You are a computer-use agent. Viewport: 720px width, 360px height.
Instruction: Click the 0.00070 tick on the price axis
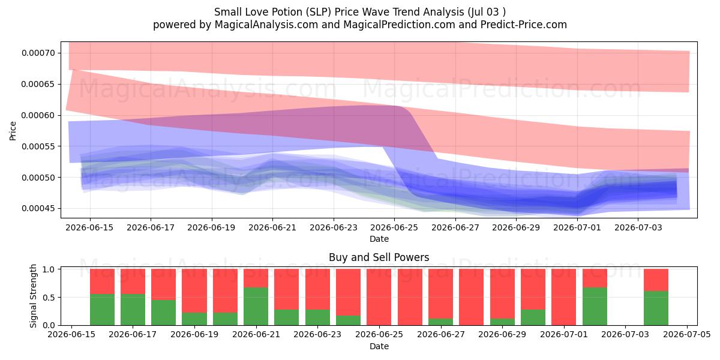[x=38, y=53]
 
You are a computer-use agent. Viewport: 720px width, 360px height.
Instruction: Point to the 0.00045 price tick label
[x=38, y=209]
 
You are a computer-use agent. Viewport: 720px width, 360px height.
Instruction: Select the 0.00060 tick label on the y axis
[x=38, y=115]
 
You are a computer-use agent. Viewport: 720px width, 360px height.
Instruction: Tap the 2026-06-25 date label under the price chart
[x=394, y=227]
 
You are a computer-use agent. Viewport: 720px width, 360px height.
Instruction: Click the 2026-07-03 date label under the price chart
[x=638, y=227]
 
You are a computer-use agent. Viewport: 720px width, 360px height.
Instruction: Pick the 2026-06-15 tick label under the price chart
[x=89, y=227]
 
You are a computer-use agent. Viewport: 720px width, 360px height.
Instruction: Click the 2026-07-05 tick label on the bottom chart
[x=687, y=335]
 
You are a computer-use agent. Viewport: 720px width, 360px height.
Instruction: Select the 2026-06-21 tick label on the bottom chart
[x=256, y=335]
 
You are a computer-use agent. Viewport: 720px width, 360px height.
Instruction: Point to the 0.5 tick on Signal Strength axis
[x=49, y=298]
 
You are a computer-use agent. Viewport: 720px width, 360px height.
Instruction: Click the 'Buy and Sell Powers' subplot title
[x=379, y=257]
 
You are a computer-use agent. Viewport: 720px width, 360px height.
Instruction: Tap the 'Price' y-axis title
[x=13, y=131]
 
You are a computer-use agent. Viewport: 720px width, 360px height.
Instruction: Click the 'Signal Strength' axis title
[x=33, y=296]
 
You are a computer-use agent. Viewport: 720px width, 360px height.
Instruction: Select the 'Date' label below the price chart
[x=379, y=239]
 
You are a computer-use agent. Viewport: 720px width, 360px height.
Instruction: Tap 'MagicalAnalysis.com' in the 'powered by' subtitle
[x=266, y=25]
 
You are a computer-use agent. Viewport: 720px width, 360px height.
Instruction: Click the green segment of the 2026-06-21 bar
[x=256, y=307]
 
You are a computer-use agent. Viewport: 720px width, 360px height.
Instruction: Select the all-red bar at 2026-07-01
[x=564, y=297]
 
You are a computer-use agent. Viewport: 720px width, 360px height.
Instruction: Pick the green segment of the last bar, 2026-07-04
[x=656, y=308]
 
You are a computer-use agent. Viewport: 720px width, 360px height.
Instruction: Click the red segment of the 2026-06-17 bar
[x=133, y=281]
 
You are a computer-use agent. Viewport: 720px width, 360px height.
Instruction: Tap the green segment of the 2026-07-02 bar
[x=595, y=307]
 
